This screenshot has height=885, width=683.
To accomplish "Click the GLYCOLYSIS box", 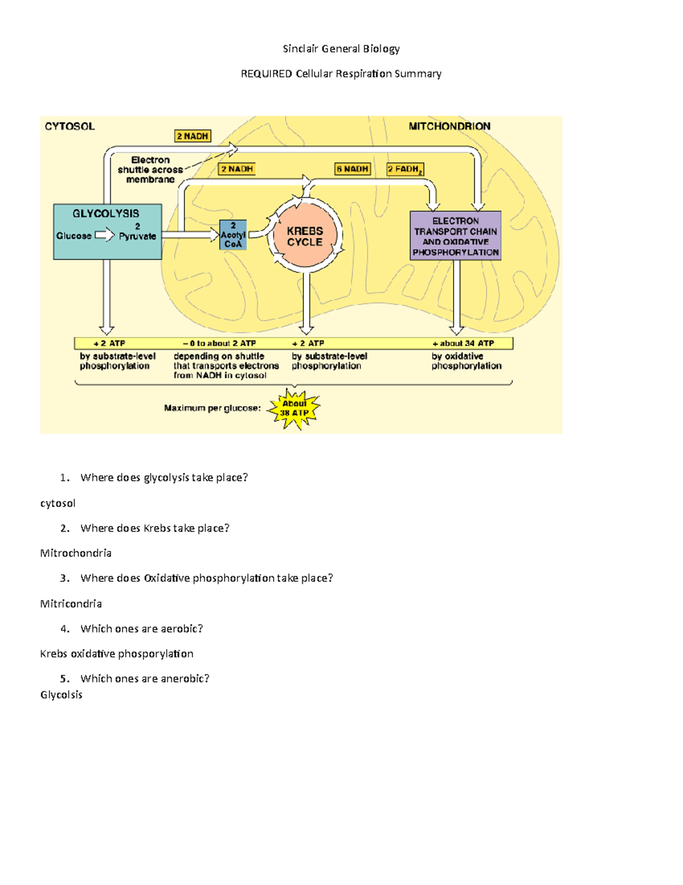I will click(107, 231).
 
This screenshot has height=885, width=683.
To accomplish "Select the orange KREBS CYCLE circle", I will click(305, 236).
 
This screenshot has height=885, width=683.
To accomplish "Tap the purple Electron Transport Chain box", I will click(455, 236).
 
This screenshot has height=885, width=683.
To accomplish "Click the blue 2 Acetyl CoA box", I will click(233, 235).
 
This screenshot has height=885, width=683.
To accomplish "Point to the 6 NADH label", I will click(353, 169).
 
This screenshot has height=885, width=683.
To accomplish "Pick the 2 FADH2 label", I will click(405, 169).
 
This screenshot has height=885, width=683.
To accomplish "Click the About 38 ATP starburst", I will click(294, 409).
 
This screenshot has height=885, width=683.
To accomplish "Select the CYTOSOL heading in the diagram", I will click(69, 127).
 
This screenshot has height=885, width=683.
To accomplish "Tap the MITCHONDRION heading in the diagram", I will click(449, 127).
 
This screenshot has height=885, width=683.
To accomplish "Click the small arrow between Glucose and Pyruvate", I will click(105, 235).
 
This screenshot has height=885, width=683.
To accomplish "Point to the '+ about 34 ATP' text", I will click(463, 343).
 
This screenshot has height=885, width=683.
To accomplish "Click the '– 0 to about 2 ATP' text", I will click(219, 343).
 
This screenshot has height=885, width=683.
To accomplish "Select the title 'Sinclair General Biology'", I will click(341, 49).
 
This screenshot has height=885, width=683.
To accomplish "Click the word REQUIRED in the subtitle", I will click(266, 74).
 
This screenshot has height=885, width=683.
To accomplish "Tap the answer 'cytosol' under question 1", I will click(57, 503).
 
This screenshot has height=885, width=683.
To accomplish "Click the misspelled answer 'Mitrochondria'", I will click(76, 553).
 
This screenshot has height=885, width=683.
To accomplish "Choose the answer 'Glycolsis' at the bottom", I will click(61, 695).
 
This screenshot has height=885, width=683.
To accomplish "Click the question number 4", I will click(65, 629).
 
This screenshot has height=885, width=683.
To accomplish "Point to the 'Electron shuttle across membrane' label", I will click(150, 170).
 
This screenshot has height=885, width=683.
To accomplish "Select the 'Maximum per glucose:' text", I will click(212, 408).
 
